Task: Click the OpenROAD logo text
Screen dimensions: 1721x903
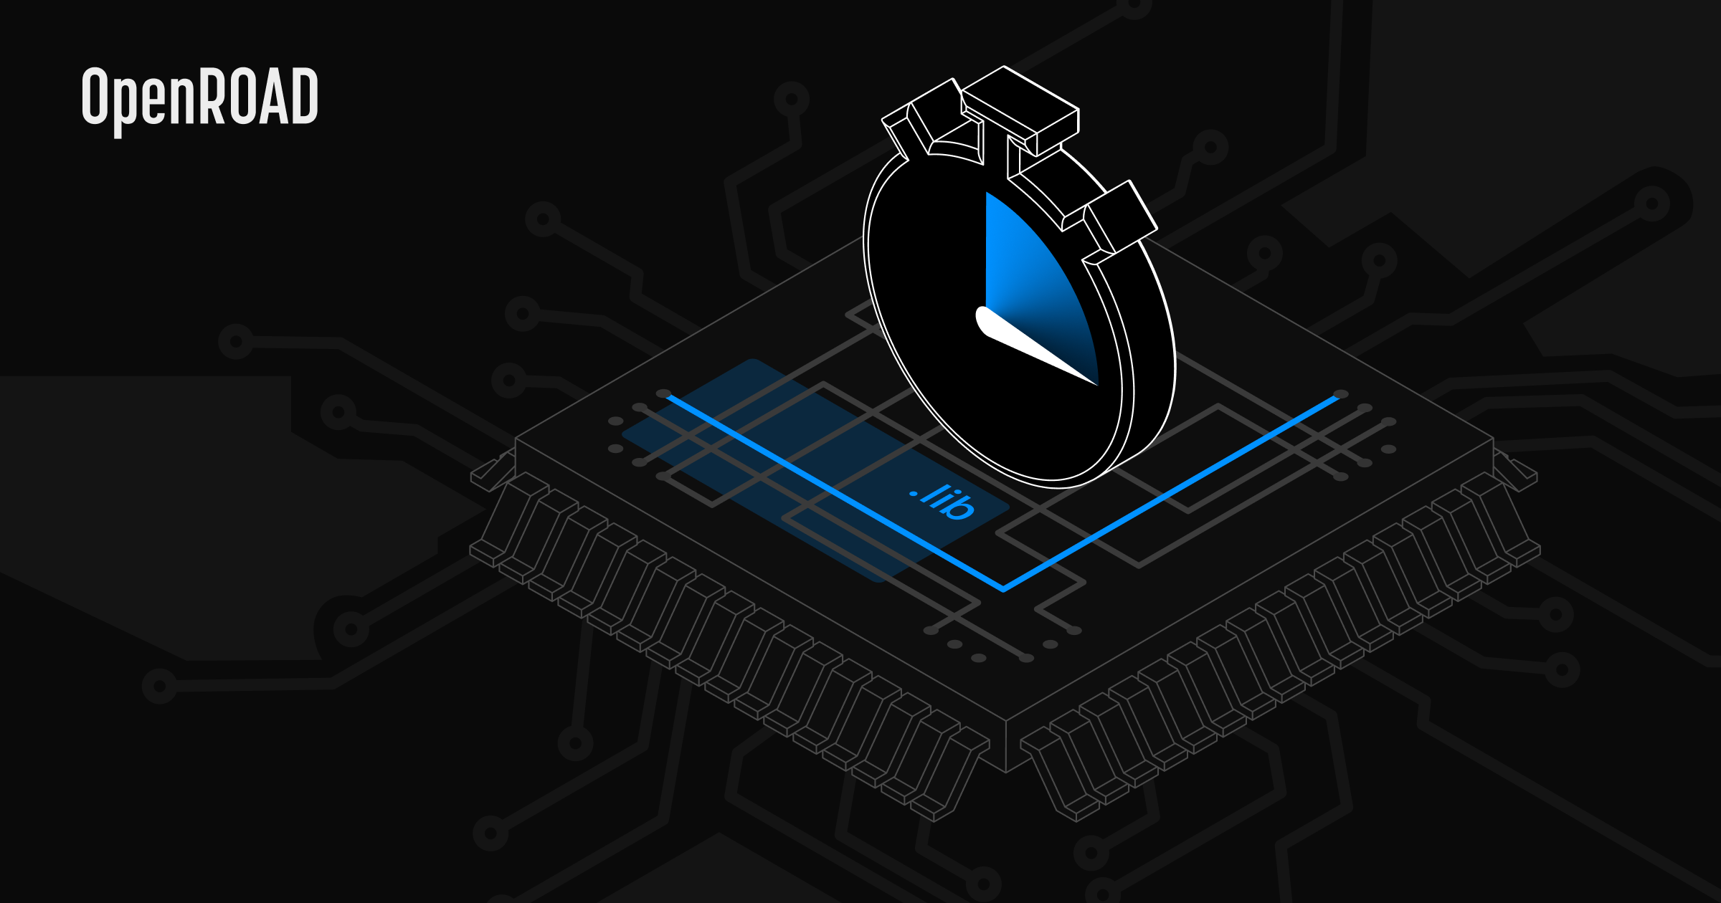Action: pyautogui.click(x=199, y=100)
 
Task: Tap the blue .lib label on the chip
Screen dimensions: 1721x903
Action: pyautogui.click(x=942, y=501)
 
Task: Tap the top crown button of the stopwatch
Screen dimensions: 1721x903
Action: pyautogui.click(x=1020, y=111)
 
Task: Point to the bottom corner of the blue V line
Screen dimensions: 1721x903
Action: pyautogui.click(x=1004, y=589)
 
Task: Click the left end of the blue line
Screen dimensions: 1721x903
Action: pyautogui.click(x=668, y=396)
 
